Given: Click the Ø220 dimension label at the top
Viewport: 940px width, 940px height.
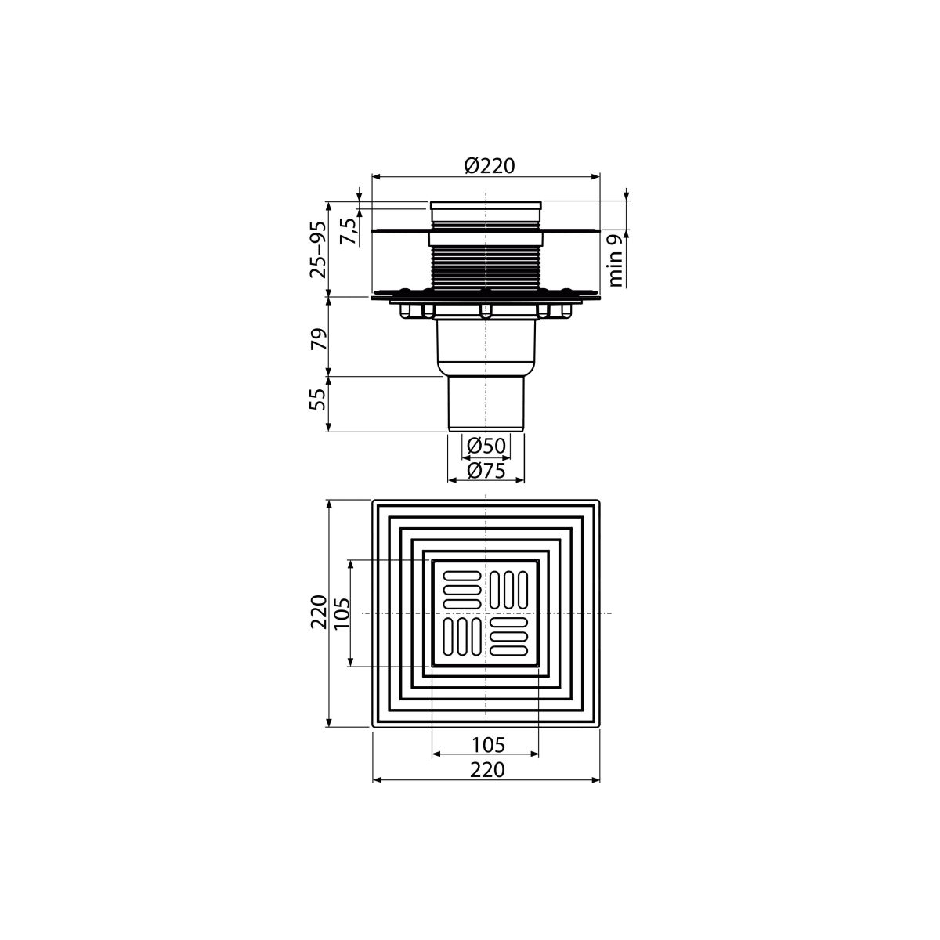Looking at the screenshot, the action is pyautogui.click(x=490, y=166).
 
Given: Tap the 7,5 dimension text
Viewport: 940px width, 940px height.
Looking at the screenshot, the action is pyautogui.click(x=349, y=232).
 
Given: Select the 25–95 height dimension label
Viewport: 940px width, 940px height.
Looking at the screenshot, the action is pyautogui.click(x=317, y=249).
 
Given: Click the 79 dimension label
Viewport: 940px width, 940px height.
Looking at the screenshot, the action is pyautogui.click(x=318, y=339).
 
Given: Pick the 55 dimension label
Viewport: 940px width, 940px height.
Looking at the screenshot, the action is pyautogui.click(x=318, y=399).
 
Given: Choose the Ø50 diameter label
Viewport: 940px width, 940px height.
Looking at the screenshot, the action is pyautogui.click(x=486, y=446).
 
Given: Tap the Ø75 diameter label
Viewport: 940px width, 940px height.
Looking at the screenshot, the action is pyautogui.click(x=486, y=471).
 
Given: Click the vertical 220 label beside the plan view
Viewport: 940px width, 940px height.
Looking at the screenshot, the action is pyautogui.click(x=319, y=612).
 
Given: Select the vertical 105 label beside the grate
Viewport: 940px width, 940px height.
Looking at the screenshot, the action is pyautogui.click(x=342, y=613).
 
